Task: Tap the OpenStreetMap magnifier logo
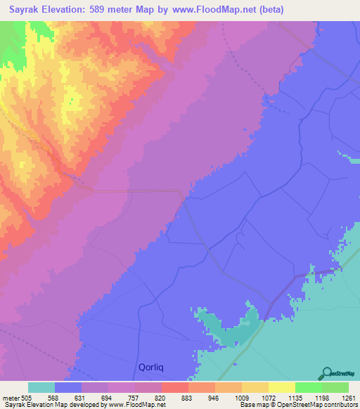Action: click(x=326, y=372)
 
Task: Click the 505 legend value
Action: click(x=28, y=397)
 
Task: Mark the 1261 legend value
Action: click(x=348, y=397)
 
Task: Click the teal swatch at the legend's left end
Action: click(x=41, y=387)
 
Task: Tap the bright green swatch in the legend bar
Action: click(x=309, y=387)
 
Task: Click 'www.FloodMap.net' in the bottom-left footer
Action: click(x=136, y=405)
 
